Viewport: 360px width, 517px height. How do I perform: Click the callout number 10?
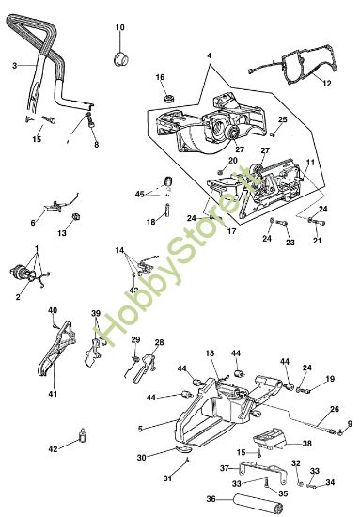coord(119,28)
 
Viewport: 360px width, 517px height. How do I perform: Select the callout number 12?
coord(327,84)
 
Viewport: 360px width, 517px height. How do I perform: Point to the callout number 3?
coord(15,65)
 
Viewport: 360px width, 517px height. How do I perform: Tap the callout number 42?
coord(53,449)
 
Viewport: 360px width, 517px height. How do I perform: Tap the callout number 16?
coord(161,77)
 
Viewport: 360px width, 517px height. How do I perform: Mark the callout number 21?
coord(317,241)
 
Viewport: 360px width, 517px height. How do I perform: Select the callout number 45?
coord(140,195)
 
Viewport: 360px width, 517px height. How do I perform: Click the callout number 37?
coord(223,467)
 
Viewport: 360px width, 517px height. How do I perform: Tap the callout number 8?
coord(95,145)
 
